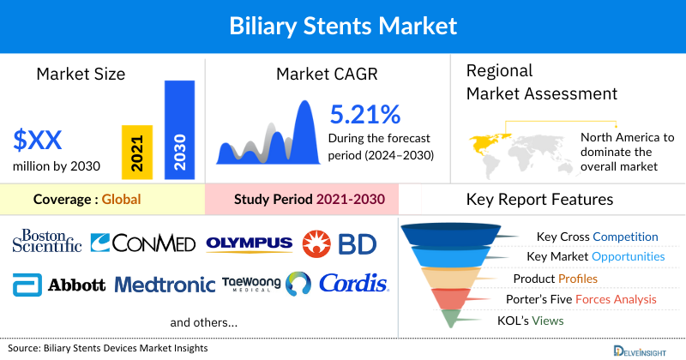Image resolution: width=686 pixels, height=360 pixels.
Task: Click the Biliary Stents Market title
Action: point(343,25)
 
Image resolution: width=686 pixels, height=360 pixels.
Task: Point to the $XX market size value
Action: point(38,140)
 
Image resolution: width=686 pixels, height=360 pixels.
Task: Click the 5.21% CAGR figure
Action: point(365,113)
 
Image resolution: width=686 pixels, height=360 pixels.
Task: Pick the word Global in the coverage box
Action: point(121,200)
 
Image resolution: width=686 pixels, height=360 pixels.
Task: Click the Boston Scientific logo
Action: point(47,241)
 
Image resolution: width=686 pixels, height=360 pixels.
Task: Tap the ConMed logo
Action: point(143,243)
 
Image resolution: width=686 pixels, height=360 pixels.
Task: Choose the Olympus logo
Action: point(249,243)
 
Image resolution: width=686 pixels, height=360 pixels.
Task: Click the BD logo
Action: point(339,244)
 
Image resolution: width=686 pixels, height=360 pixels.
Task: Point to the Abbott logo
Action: point(59,285)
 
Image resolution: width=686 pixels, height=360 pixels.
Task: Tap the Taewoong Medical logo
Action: point(251,284)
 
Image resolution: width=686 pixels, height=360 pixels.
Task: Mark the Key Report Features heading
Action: point(539,200)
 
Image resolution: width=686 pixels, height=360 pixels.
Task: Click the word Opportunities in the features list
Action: point(633,256)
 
